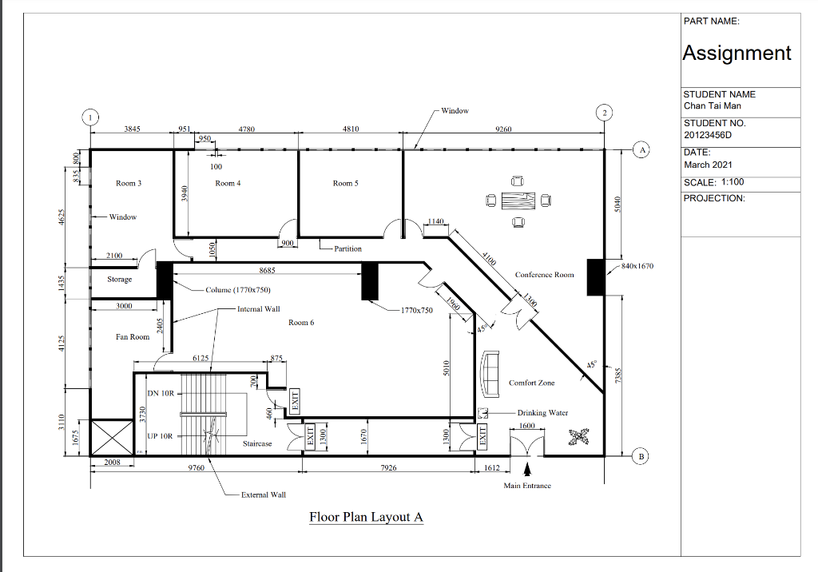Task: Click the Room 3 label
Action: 129,184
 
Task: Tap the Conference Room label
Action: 544,275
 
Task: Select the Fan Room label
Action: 133,337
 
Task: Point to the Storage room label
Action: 120,280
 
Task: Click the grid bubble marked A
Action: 641,149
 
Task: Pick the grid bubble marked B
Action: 641,456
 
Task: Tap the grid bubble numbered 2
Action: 606,113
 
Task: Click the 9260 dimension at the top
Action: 503,129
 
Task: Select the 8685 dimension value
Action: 268,272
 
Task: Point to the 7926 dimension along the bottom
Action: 389,468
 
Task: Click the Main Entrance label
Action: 526,486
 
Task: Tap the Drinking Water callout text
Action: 542,413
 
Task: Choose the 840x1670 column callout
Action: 637,266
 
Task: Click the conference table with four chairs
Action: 519,200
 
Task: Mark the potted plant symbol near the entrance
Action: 577,435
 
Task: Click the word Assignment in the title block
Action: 737,53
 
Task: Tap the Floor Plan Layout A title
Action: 366,517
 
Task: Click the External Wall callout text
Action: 264,495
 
